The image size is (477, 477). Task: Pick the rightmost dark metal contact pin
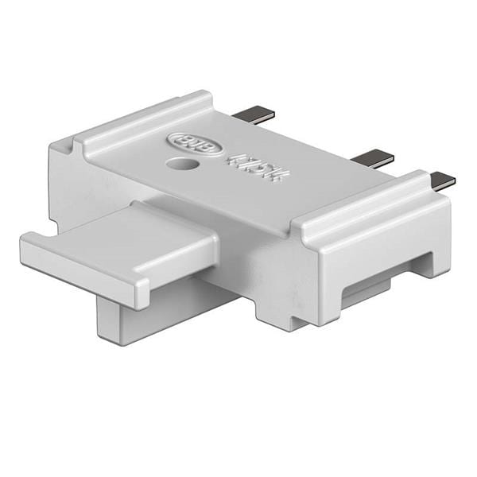click(x=442, y=180)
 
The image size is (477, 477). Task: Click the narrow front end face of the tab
click(x=79, y=270)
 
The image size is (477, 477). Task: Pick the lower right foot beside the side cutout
click(x=433, y=262)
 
